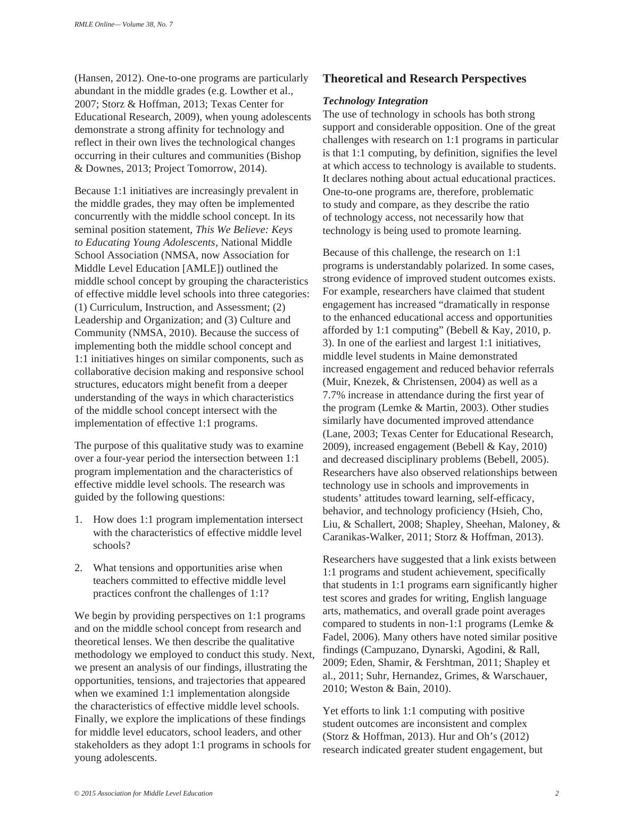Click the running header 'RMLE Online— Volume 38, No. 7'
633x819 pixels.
coord(123,25)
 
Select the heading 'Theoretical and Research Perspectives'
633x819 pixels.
coord(424,79)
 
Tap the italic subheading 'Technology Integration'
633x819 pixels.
coord(375,101)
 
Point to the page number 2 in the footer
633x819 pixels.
coord(556,793)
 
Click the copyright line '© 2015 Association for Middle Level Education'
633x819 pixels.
coord(144,793)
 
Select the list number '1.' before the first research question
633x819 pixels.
coord(79,520)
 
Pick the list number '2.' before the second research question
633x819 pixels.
coord(79,568)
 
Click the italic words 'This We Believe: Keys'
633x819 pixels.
coord(244,230)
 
